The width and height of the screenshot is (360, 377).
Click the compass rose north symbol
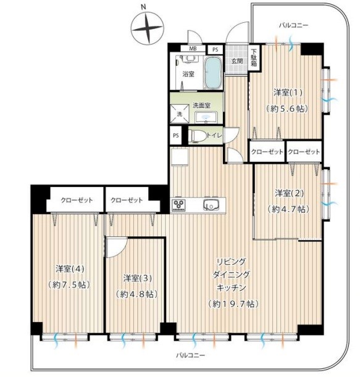(x=147, y=28)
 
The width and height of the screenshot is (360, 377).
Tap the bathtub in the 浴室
(x=212, y=73)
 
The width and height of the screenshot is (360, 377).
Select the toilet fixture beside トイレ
(x=197, y=136)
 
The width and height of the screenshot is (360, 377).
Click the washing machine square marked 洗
(x=180, y=114)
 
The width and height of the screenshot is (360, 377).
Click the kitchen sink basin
(x=211, y=205)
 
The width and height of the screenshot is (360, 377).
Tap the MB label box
(x=193, y=48)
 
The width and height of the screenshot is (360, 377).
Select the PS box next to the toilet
(x=175, y=136)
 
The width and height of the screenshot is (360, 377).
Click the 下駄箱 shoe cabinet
(x=254, y=58)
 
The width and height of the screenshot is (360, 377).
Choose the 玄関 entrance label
(x=237, y=61)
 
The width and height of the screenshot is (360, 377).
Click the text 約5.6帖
(x=287, y=109)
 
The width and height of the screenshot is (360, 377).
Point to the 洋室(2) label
(x=290, y=193)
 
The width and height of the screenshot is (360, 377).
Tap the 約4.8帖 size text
(x=137, y=294)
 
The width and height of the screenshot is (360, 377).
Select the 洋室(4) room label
(x=70, y=269)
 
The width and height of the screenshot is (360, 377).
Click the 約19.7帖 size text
(x=233, y=304)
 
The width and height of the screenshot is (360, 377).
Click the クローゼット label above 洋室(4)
(x=77, y=200)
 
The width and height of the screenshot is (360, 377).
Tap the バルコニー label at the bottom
(x=191, y=355)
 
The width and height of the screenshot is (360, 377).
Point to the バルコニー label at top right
(x=293, y=25)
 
